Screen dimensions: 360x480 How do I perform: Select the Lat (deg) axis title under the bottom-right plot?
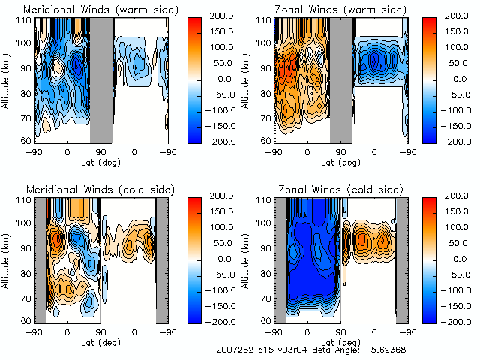[x=340, y=340]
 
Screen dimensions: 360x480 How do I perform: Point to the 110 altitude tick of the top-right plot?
[x=264, y=20]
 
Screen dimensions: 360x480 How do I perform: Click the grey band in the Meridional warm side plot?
[x=100, y=79]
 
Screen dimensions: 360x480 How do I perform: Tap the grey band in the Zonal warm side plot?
[x=340, y=79]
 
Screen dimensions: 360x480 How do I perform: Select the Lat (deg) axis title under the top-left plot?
[x=100, y=160]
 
